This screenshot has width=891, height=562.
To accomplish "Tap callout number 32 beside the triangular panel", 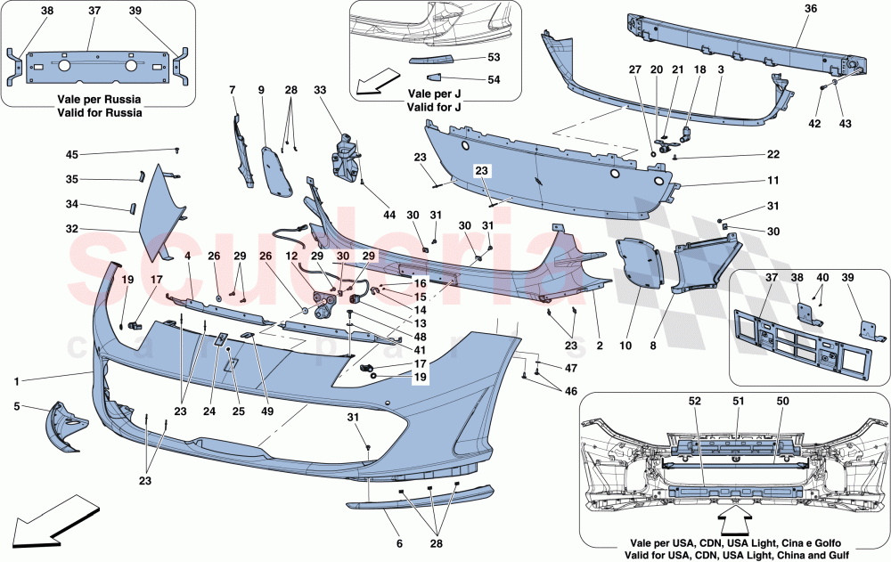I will pos(70,229).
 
